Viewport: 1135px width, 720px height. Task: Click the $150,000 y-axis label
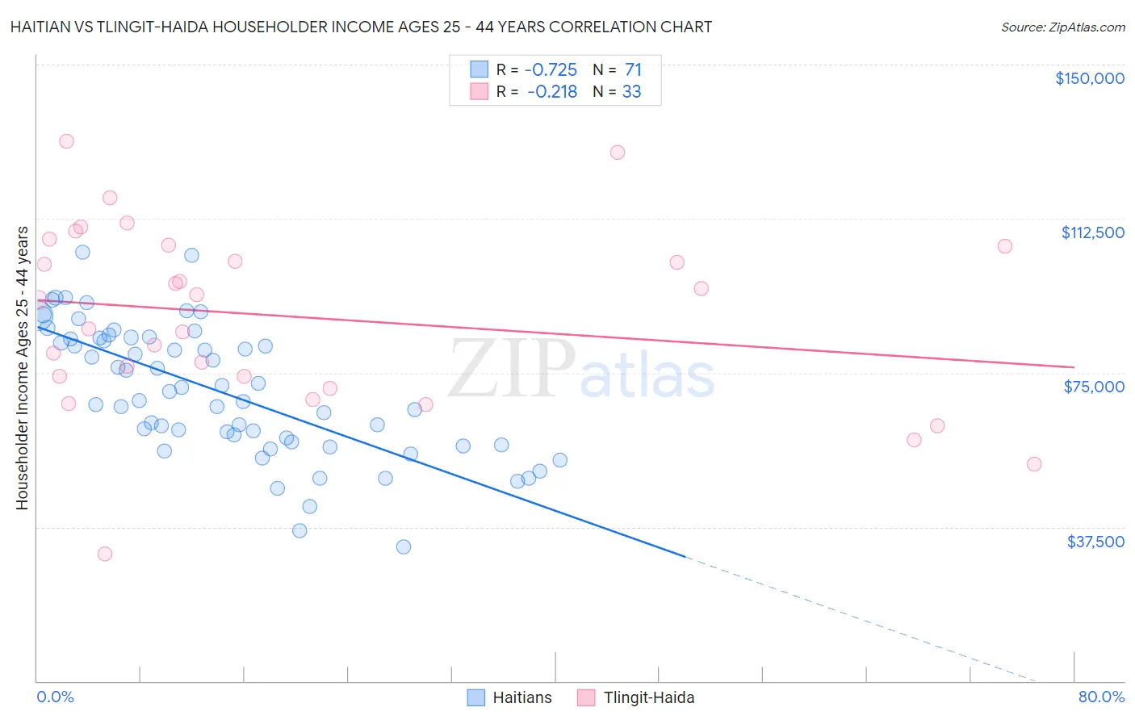tap(1089, 78)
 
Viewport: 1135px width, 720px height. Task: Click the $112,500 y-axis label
tap(1092, 232)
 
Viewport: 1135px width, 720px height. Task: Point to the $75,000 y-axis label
tap(1094, 387)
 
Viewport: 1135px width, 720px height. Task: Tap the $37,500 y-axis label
tap(1095, 542)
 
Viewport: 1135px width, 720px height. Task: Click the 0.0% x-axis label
tap(55, 697)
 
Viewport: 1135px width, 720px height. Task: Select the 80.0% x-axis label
tap(1101, 697)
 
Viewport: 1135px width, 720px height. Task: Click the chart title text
tap(361, 27)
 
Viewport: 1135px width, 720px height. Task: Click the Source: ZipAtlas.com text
tap(1062, 27)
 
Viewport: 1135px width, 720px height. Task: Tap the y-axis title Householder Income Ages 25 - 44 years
tap(22, 368)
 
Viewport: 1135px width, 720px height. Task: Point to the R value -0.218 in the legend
tap(552, 92)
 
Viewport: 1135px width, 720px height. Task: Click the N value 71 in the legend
tap(633, 70)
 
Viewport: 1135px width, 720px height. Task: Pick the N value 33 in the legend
tap(631, 92)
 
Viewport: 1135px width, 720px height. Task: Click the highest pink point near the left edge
tap(66, 141)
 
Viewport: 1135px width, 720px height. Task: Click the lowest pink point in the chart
tap(104, 554)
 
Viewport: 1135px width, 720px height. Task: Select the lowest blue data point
tap(404, 546)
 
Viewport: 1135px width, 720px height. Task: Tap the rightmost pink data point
tap(1034, 464)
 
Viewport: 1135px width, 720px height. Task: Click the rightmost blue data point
tap(559, 460)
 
